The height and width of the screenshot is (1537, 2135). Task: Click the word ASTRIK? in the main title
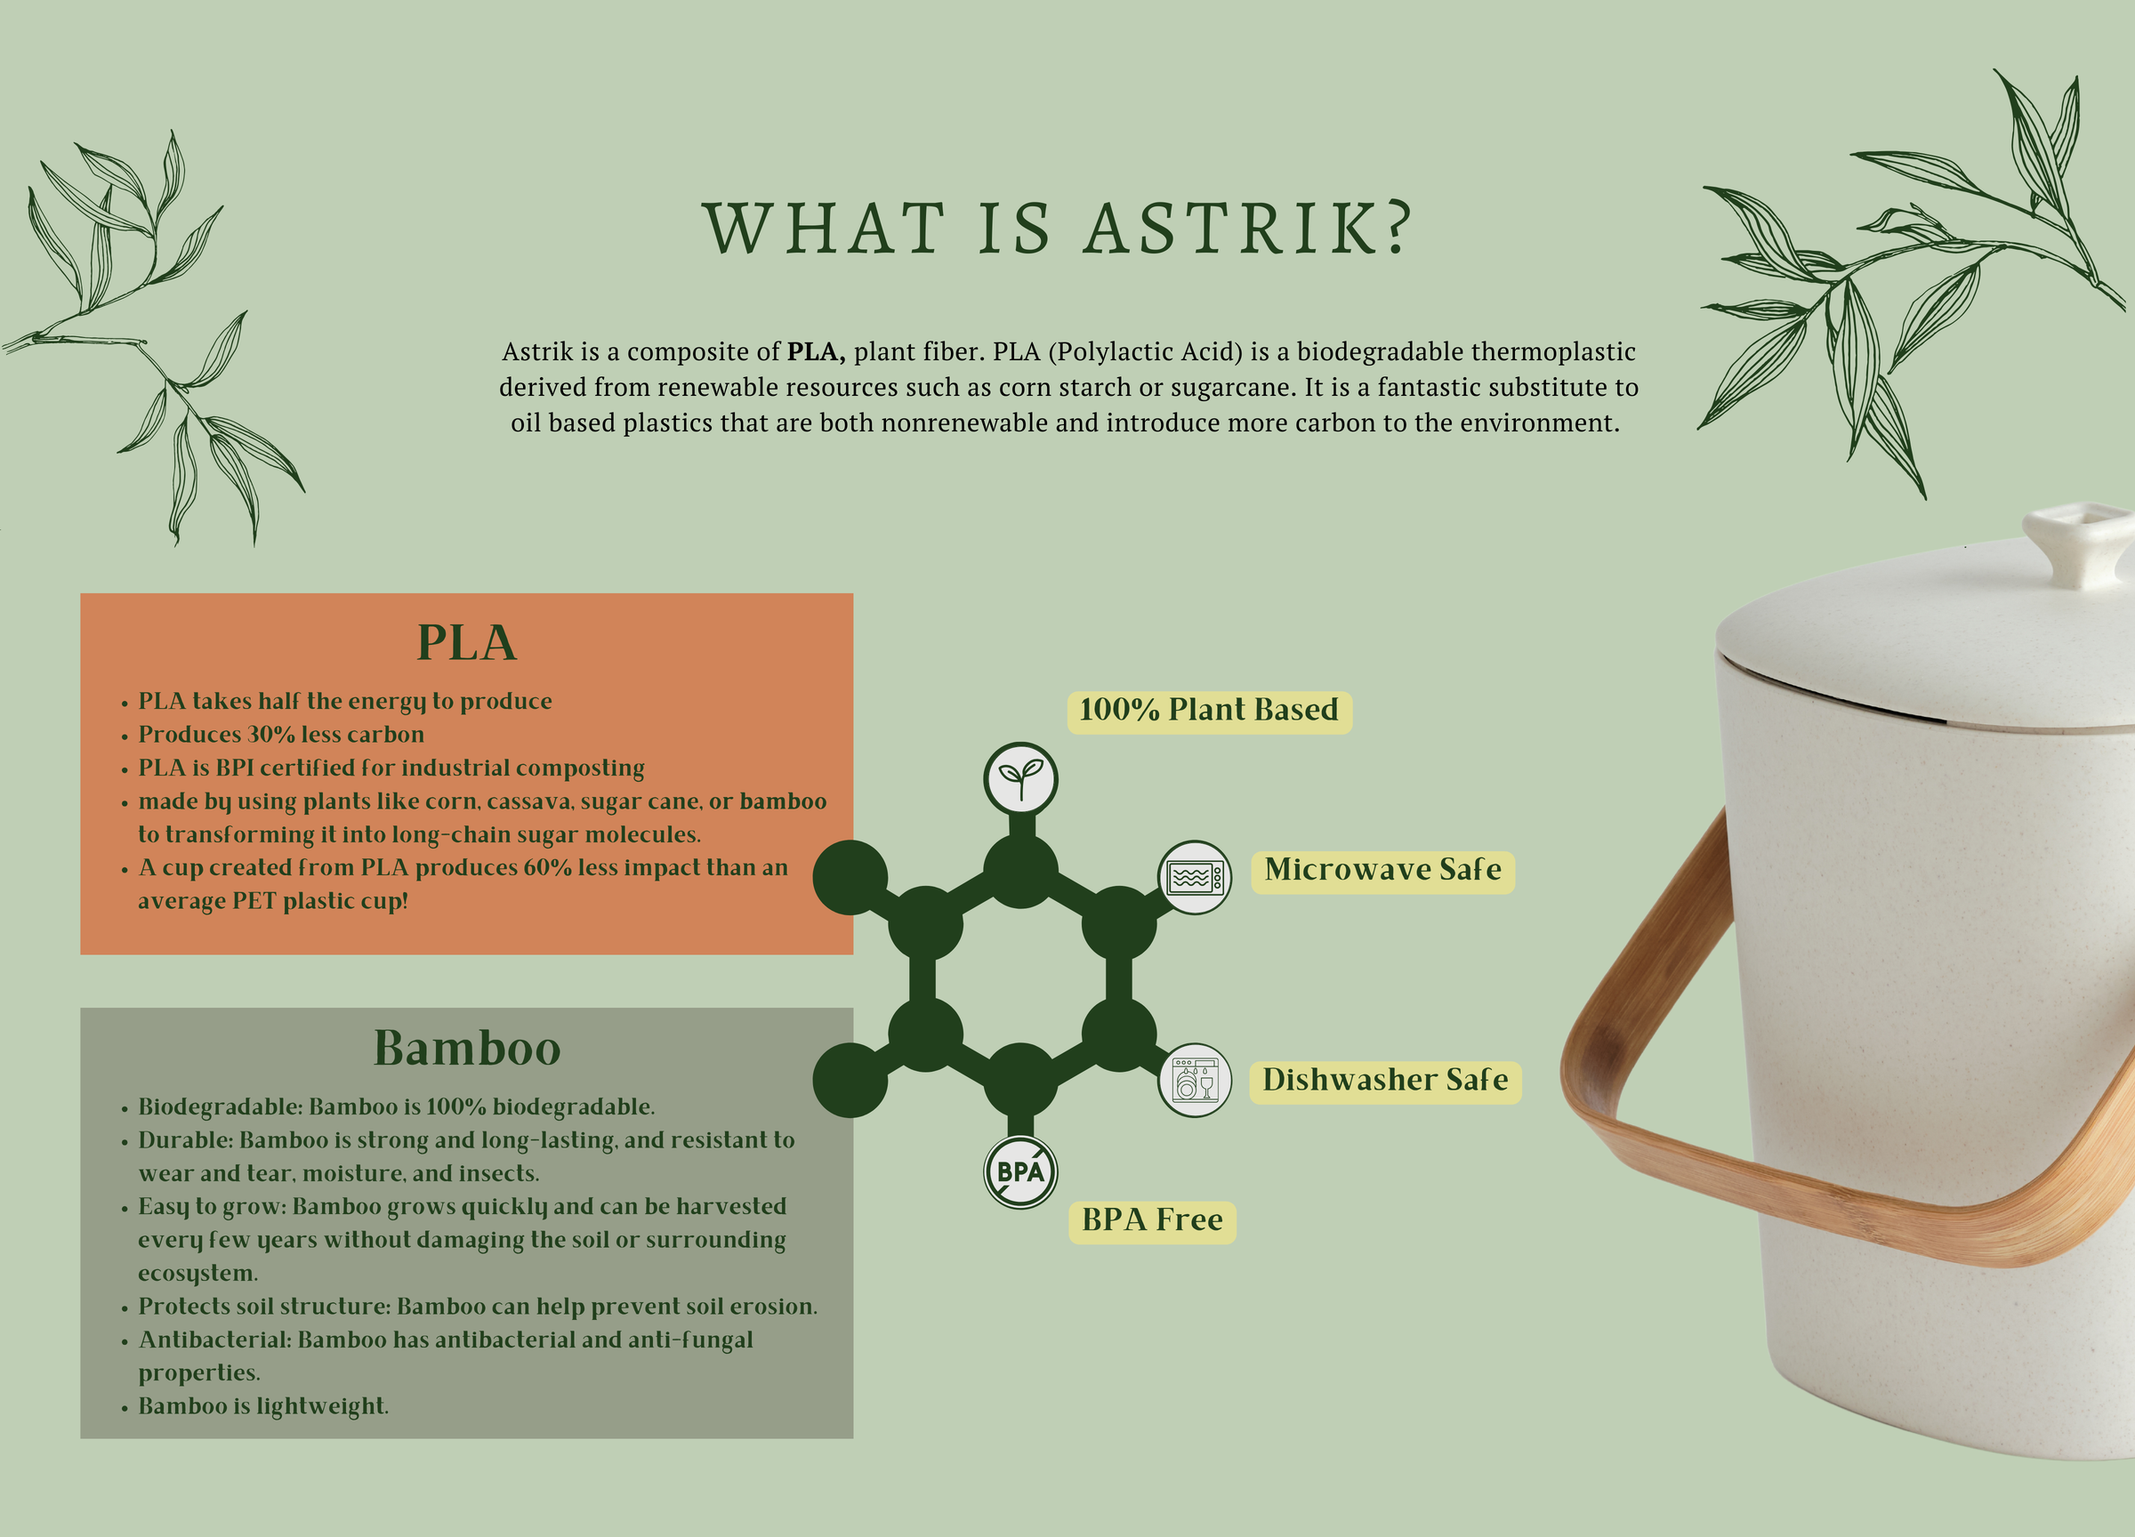tap(1248, 229)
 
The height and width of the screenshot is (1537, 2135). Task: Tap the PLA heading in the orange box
tap(467, 643)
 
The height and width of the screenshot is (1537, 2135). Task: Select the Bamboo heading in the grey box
tap(467, 1048)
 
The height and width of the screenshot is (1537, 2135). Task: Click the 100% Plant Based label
tap(1209, 710)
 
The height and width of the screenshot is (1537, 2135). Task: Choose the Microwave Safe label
tap(1382, 870)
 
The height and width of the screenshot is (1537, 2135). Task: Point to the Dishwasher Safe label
tap(1385, 1080)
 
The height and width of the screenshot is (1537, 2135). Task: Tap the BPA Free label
tap(1152, 1220)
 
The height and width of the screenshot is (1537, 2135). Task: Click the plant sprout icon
tap(1020, 779)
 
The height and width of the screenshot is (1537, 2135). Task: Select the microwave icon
tap(1194, 877)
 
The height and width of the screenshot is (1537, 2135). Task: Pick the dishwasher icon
tap(1195, 1080)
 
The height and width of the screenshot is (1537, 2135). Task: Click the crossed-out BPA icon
tap(1020, 1171)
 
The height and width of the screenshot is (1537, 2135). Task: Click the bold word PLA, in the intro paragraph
tap(816, 352)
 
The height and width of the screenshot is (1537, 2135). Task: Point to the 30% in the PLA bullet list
tap(271, 734)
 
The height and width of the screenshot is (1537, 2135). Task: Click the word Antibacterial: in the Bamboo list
tap(214, 1340)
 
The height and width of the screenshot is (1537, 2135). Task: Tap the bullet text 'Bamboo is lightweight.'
tap(263, 1406)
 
